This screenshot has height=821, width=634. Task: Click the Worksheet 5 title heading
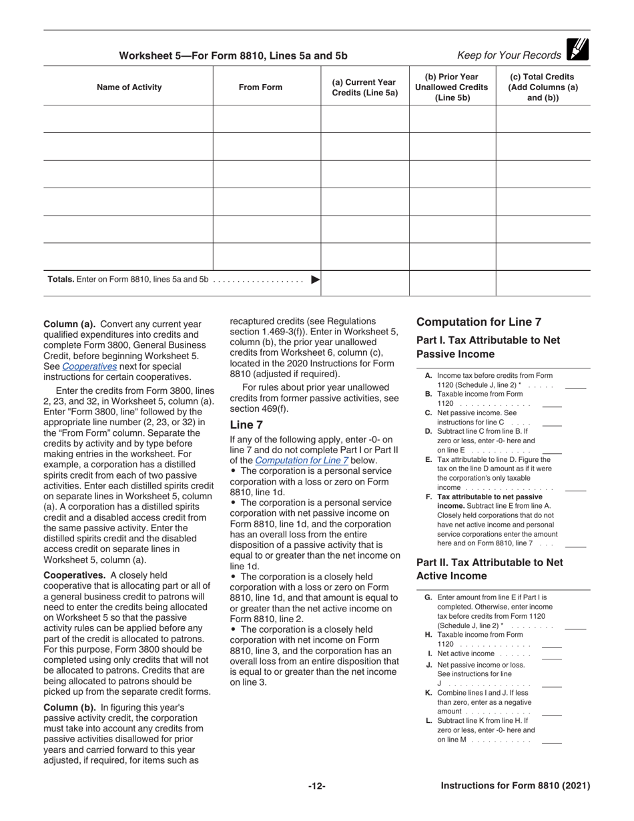pos(233,56)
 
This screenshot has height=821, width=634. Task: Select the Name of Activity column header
pos(129,87)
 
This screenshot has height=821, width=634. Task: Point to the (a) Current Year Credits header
pos(364,87)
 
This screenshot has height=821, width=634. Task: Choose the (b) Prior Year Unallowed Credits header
pos(452,87)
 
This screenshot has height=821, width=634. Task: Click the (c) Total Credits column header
pos(543,87)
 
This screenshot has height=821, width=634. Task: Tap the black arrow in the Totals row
pos(316,280)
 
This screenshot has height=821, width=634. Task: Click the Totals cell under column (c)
pos(543,282)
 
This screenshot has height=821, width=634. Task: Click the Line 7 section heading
pos(246,425)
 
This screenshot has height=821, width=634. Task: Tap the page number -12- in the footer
pos(316,786)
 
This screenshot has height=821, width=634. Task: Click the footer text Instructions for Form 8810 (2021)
pos(515,786)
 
